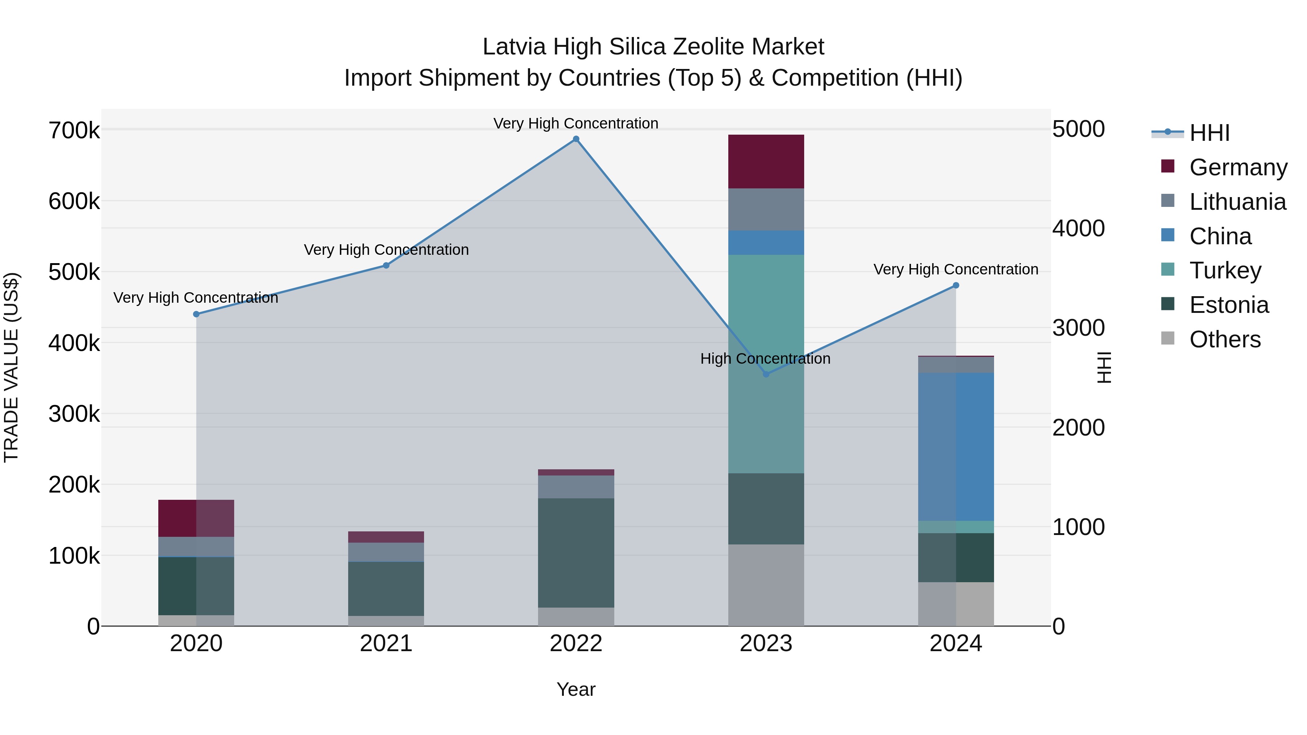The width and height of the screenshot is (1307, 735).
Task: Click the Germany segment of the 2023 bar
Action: pos(766,161)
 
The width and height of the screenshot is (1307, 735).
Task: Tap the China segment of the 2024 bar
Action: pos(956,446)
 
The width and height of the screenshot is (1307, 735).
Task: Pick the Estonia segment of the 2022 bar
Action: pos(576,553)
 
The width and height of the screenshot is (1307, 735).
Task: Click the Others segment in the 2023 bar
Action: pos(766,585)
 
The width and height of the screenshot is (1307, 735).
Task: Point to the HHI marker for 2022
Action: pos(576,139)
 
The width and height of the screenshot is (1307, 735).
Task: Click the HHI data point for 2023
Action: pos(766,374)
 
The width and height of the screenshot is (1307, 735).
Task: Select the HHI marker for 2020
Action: pos(196,314)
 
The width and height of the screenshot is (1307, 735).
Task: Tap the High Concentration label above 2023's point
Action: pos(765,359)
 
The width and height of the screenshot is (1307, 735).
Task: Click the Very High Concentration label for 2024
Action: pos(956,269)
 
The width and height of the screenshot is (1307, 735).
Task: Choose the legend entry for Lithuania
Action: pos(1237,202)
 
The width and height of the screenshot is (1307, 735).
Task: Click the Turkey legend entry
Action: pos(1225,270)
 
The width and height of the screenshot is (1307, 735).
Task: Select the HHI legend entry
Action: pos(1209,133)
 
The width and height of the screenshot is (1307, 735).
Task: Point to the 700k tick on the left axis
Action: pos(74,131)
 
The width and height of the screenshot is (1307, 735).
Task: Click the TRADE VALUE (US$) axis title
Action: pos(11,367)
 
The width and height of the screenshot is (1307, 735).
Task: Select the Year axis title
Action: pos(576,689)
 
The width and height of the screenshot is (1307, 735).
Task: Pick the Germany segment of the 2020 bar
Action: pos(196,518)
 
